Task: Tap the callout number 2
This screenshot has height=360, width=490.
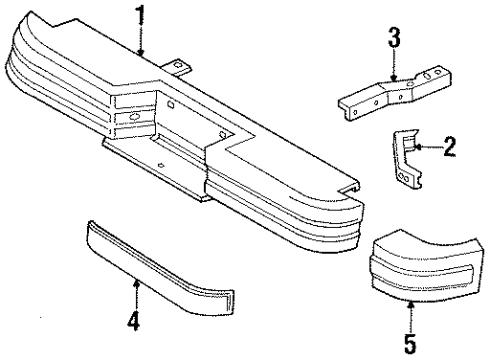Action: (449, 148)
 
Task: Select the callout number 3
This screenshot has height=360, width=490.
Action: (394, 40)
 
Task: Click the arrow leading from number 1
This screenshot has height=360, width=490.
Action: (141, 42)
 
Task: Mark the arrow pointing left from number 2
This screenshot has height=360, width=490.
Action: (424, 149)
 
